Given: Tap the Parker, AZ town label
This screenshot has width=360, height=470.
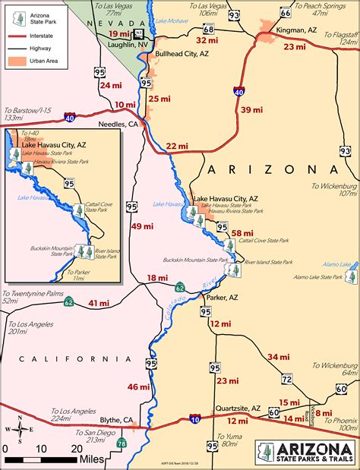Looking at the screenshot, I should [228, 296].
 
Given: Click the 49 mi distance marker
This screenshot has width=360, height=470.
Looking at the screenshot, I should [142, 226].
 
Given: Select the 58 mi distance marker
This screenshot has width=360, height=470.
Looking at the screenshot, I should [242, 233].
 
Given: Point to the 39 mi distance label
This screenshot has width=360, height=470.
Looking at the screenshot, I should [251, 110].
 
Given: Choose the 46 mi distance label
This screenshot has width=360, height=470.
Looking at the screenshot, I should [138, 387].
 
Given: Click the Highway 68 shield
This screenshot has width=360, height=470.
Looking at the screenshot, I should [208, 29].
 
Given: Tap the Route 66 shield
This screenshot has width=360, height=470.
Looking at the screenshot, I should [285, 12].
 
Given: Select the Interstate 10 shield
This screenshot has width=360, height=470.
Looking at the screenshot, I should [195, 418].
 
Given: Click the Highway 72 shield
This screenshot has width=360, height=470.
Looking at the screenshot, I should [286, 378].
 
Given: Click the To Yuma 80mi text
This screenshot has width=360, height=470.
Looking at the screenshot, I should [228, 440].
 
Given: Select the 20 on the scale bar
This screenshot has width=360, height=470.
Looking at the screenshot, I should [76, 448].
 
